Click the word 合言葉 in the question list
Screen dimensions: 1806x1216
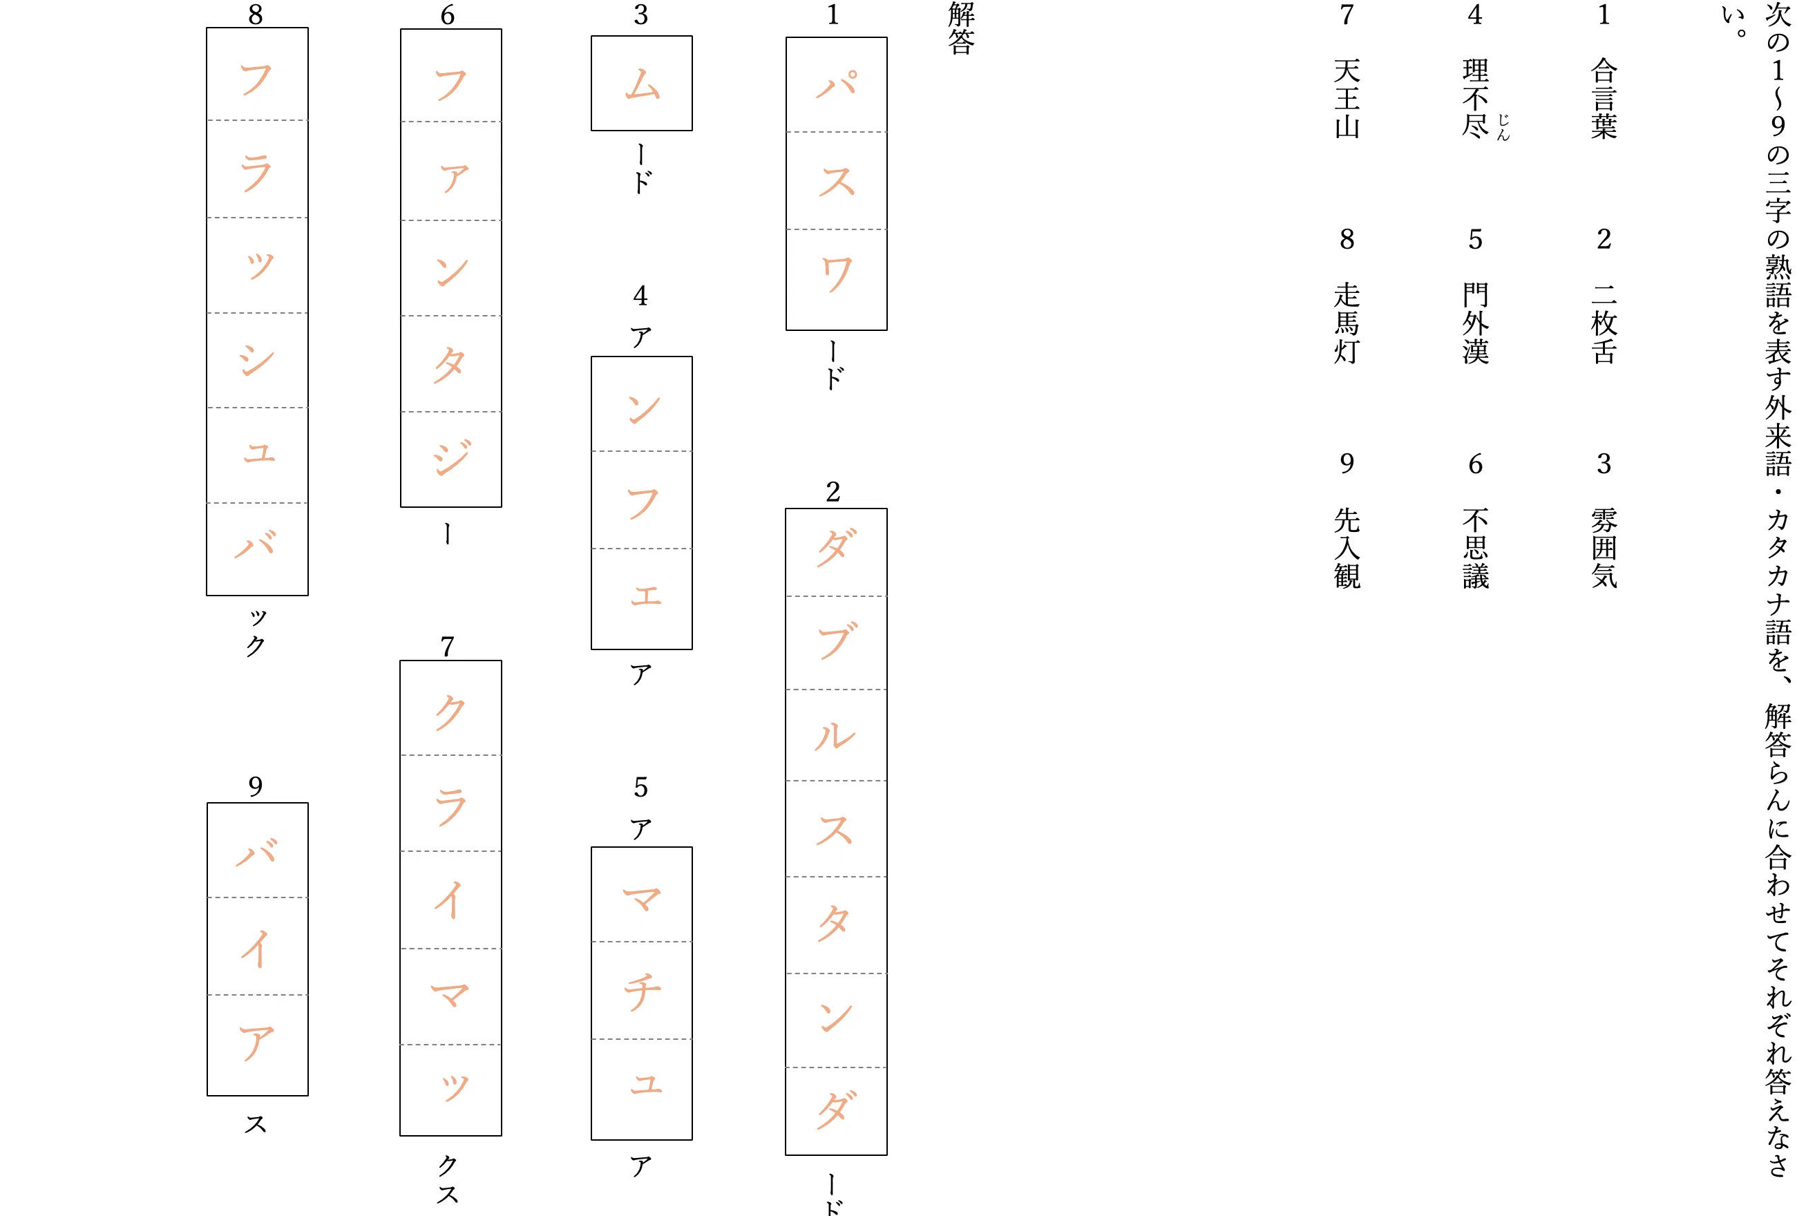pos(1604,99)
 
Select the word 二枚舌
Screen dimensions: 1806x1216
pos(1604,323)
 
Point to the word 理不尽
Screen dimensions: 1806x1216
pos(1475,99)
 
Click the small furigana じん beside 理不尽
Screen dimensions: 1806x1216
pos(1503,127)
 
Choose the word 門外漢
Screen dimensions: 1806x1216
pos(1475,323)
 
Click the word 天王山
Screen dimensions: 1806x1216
pos(1347,99)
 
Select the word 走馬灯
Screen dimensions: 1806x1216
pos(1347,323)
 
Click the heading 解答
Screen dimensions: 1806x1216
pos(961,28)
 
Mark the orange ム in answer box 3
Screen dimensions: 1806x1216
pos(642,84)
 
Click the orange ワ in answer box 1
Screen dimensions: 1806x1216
pos(837,274)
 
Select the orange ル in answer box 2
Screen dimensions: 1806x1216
pos(835,735)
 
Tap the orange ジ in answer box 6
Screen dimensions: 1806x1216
pos(451,457)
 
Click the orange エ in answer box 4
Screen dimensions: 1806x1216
pos(646,596)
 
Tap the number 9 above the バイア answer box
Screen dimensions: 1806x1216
pos(256,786)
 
